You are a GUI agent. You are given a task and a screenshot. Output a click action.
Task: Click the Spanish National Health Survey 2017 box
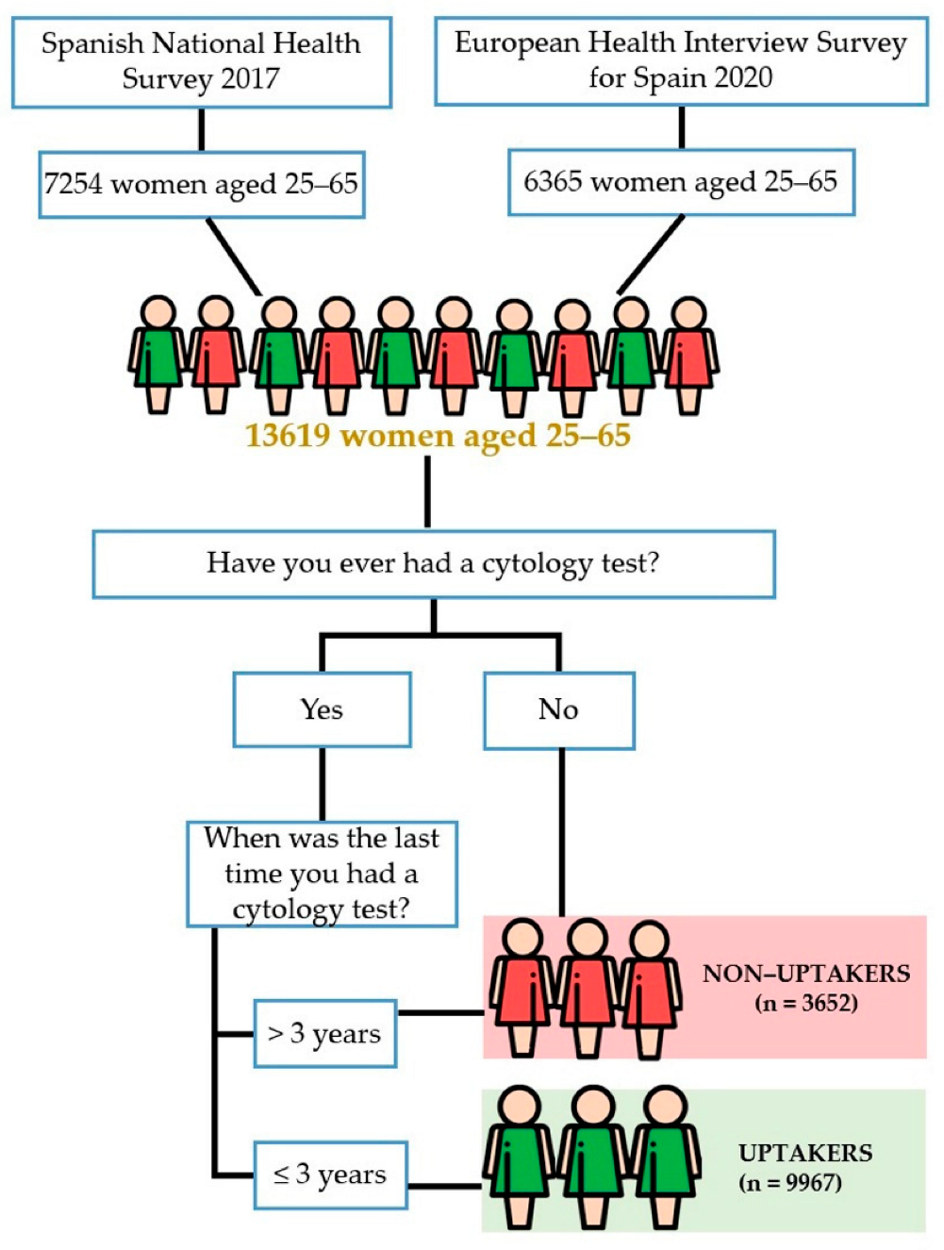click(201, 61)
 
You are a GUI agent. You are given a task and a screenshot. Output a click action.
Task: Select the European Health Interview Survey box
click(681, 59)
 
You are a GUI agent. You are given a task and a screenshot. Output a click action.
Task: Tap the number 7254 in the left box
click(73, 183)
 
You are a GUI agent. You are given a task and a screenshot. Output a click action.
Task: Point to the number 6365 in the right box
click(553, 181)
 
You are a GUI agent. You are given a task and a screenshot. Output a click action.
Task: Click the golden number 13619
click(288, 436)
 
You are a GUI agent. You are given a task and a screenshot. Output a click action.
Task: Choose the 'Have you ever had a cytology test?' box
click(433, 564)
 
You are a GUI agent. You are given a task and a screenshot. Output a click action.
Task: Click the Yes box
click(322, 709)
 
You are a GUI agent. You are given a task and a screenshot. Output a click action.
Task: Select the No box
click(558, 710)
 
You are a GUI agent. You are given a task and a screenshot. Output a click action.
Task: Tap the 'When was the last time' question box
click(322, 874)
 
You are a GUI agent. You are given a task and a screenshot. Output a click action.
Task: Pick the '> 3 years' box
click(324, 1034)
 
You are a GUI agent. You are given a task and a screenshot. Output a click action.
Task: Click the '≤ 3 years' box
click(330, 1175)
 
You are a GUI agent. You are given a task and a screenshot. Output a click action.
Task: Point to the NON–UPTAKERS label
click(806, 974)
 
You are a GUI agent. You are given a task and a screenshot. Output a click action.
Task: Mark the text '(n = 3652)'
click(806, 1003)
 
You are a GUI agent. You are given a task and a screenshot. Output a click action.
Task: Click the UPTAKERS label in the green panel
click(805, 1153)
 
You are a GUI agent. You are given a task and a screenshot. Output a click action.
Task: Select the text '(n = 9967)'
click(790, 1183)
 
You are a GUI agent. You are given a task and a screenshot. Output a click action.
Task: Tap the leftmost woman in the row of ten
click(157, 354)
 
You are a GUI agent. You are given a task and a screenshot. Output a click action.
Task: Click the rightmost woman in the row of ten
click(689, 355)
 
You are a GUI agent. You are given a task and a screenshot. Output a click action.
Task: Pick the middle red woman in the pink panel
click(588, 986)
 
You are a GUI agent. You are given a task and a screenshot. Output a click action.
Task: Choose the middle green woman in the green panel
click(593, 1156)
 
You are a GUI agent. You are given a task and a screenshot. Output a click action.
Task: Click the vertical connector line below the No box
click(562, 830)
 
